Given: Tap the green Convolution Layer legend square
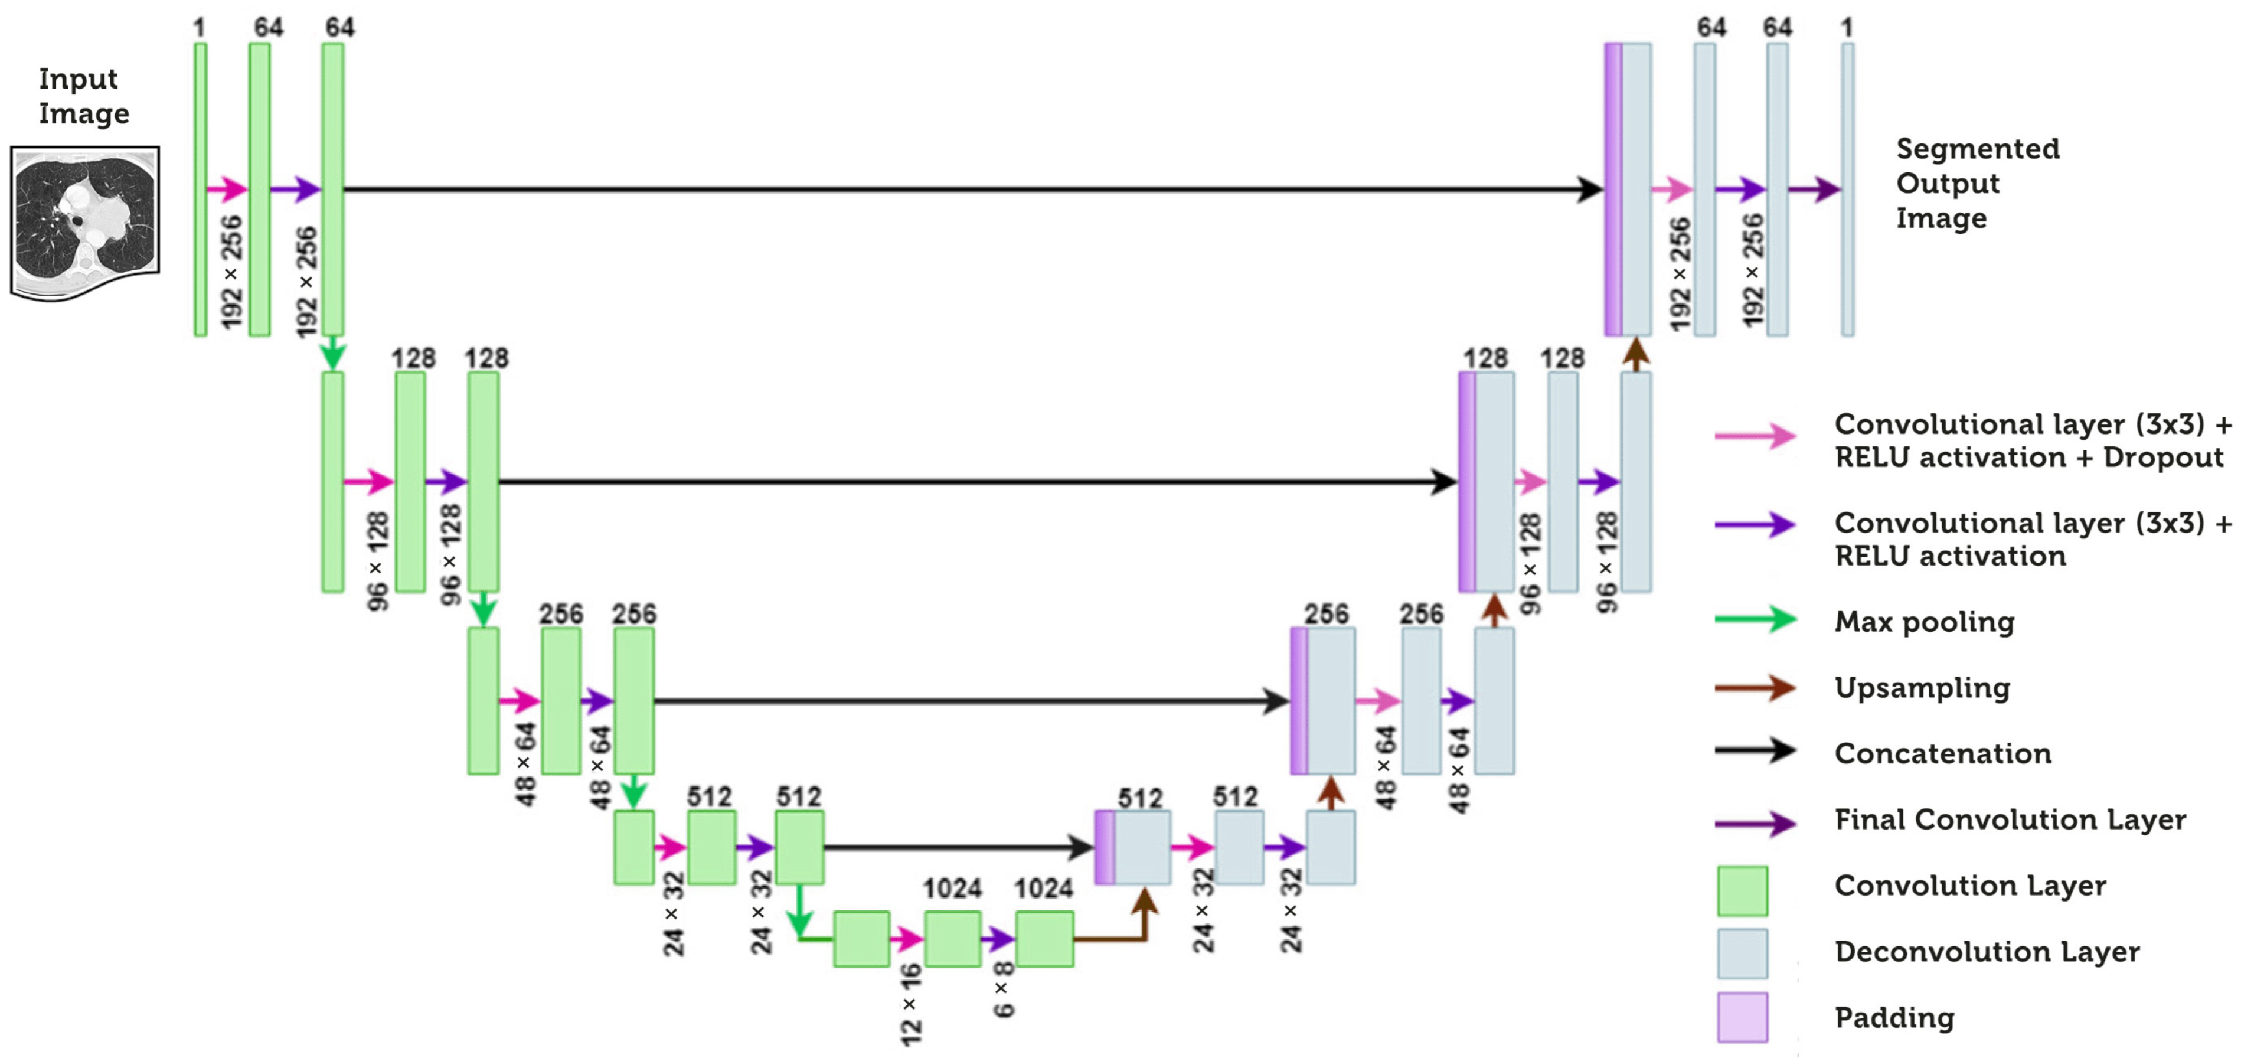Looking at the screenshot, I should coord(1742,891).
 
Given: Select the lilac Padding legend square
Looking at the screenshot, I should coord(1742,1017).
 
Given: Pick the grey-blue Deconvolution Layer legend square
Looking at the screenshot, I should coord(1742,953).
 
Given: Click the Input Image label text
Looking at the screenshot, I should coord(83,96).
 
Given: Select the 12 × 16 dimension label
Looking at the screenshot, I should coord(910,1004).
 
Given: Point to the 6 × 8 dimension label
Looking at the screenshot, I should coord(1003,990).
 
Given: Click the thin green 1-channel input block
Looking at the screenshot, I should coord(200,189).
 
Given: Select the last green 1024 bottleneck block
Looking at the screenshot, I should coord(1044,939).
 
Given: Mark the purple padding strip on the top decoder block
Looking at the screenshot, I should coord(1612,189).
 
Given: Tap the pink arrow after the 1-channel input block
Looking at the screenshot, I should coord(227,189).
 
